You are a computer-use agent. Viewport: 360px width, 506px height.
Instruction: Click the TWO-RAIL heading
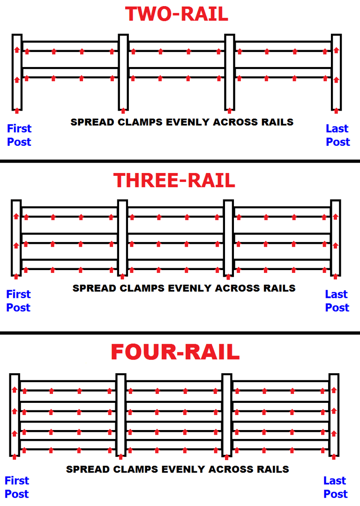click(176, 14)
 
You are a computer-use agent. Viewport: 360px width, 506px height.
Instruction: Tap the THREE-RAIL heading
click(174, 180)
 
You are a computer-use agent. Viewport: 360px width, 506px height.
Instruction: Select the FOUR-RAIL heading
click(175, 352)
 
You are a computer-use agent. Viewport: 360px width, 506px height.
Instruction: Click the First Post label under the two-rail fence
click(19, 135)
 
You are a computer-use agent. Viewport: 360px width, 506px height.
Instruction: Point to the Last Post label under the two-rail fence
click(337, 135)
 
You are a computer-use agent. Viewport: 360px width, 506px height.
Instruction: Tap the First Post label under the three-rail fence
click(18, 301)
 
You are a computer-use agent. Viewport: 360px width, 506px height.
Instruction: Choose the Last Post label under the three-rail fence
click(337, 301)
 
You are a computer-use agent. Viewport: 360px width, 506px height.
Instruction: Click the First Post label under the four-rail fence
click(17, 487)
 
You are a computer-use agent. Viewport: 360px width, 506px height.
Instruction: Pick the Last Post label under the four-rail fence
click(335, 487)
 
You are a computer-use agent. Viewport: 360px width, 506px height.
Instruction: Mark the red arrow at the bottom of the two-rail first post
click(17, 110)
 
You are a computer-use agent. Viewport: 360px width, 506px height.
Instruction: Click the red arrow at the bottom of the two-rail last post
click(336, 110)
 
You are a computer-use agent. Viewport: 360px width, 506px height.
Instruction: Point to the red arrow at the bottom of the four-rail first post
click(15, 456)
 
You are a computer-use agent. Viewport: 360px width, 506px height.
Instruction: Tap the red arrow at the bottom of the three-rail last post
click(335, 276)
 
